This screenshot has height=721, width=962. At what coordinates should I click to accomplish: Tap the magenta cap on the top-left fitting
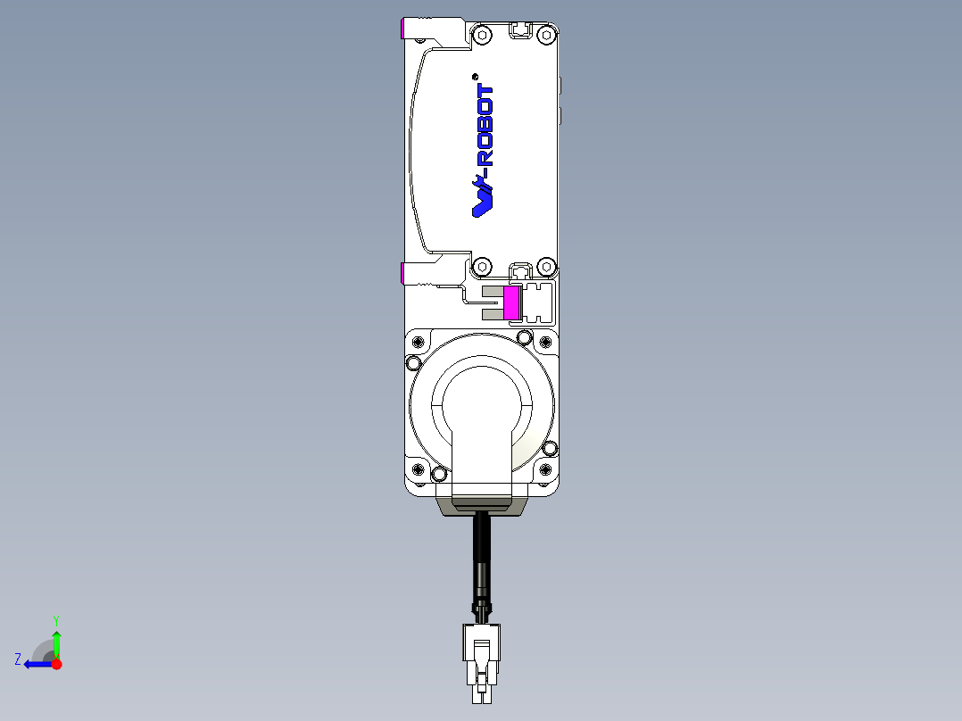tap(405, 29)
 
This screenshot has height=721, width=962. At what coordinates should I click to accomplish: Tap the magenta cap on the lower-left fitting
tap(404, 272)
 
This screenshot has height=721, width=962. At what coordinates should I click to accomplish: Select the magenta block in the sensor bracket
tap(511, 303)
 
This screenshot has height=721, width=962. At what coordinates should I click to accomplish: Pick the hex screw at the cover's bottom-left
tap(482, 266)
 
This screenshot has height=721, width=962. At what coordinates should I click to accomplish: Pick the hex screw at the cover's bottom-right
tap(546, 266)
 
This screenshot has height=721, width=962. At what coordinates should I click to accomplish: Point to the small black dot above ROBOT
tap(475, 75)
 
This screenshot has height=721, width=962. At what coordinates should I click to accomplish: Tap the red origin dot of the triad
tap(57, 664)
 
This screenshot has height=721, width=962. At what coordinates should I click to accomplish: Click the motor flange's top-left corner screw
tap(413, 362)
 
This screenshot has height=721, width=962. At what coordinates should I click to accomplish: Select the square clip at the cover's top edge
tap(519, 30)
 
